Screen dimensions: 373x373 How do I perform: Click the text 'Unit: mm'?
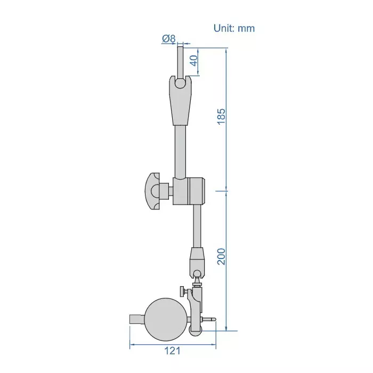[x=234, y=28]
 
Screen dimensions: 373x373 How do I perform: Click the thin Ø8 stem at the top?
[x=181, y=60]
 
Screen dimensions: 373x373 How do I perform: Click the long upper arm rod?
[x=181, y=149]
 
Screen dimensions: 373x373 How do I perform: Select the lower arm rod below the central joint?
[x=198, y=226]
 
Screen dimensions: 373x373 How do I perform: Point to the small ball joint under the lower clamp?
[x=198, y=275]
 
